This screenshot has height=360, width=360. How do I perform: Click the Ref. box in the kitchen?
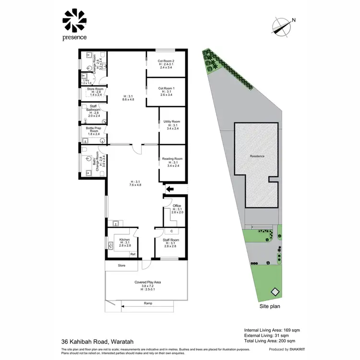point(133,254)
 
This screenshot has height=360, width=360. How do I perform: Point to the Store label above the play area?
point(122,265)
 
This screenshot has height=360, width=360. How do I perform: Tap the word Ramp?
point(148,304)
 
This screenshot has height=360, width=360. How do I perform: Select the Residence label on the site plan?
point(257,156)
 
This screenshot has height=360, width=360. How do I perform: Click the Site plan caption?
point(270,305)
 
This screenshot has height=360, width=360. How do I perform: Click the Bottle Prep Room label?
point(93,131)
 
